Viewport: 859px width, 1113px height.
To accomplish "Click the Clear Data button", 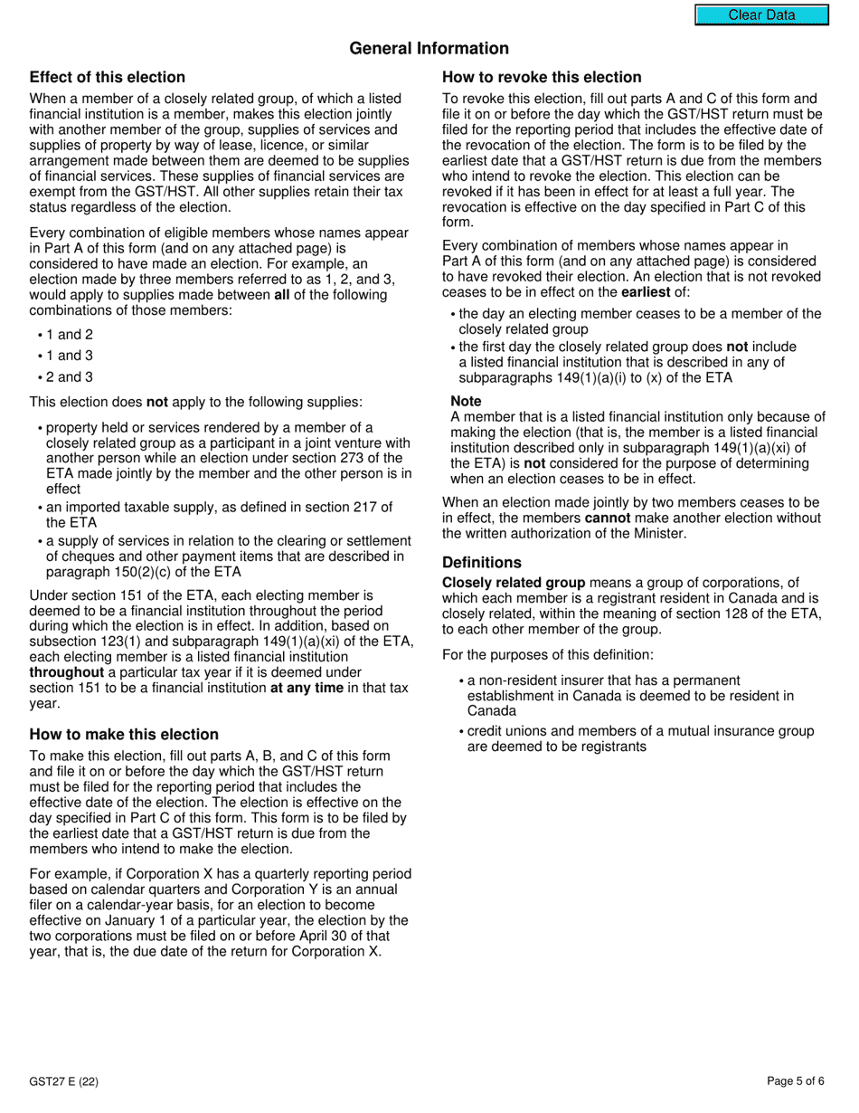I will click(x=761, y=15).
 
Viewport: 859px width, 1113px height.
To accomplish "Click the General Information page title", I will click(x=429, y=49).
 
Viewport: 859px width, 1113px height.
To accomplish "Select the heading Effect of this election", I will click(x=107, y=78).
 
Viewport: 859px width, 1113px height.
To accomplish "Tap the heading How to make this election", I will click(x=124, y=735).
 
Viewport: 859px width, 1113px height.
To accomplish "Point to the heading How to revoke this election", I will click(x=542, y=78).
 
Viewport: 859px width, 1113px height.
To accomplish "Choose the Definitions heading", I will click(x=481, y=563).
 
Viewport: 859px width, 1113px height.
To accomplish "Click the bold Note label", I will click(x=466, y=402).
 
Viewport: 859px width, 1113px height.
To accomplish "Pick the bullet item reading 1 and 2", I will click(x=70, y=335).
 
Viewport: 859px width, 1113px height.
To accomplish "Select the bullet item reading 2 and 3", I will click(x=70, y=377).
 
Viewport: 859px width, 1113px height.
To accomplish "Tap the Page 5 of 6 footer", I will click(x=795, y=1080).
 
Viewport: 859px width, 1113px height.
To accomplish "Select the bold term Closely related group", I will click(x=514, y=583).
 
